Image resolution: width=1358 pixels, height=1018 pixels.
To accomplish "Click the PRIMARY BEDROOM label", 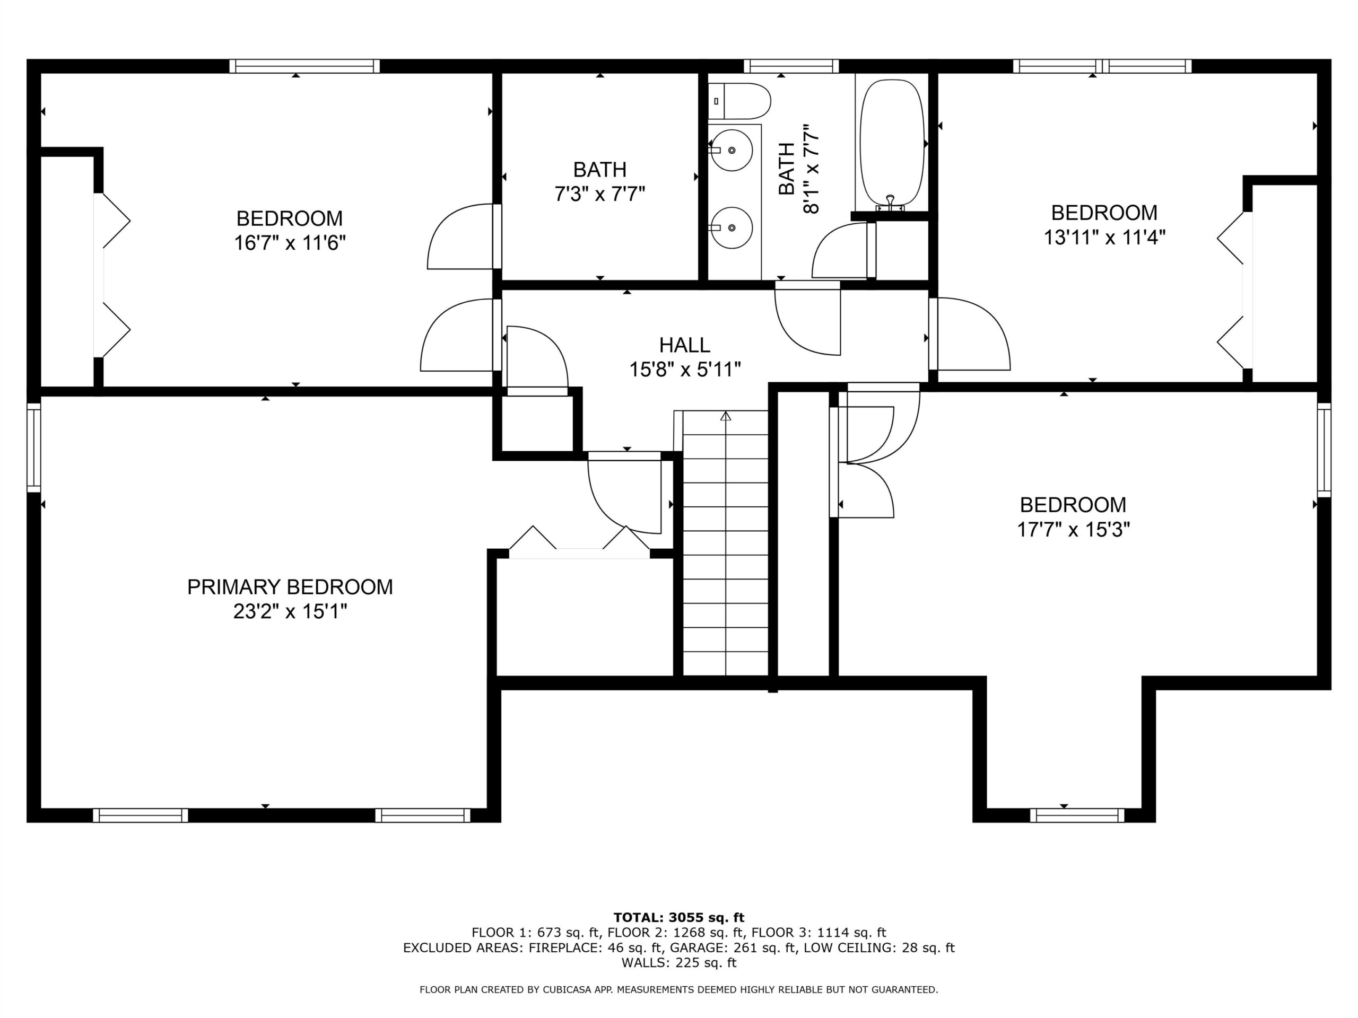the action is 290,587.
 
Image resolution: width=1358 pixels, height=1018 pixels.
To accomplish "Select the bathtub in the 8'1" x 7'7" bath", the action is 891,145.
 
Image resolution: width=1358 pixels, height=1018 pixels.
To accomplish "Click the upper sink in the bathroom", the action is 730,150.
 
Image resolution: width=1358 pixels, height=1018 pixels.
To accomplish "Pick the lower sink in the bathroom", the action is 730,227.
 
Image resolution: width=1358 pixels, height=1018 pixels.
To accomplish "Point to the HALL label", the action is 684,345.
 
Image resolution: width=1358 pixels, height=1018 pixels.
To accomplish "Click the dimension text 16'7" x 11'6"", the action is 290,243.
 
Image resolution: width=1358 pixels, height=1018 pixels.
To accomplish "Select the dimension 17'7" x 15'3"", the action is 1073,529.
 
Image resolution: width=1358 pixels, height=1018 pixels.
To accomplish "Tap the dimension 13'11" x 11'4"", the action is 1104,237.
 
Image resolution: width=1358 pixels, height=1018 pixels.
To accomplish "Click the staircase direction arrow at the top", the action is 726,416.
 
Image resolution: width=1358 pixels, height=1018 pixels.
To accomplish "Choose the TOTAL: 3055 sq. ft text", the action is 679,918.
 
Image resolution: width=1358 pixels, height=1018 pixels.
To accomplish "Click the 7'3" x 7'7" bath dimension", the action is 600,195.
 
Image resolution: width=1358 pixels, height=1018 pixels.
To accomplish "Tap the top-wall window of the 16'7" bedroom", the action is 304,66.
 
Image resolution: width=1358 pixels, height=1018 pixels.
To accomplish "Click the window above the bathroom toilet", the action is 791,66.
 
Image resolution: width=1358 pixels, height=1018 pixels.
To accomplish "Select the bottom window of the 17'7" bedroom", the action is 1077,815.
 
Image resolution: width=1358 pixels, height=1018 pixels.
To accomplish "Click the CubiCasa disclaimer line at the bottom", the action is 679,990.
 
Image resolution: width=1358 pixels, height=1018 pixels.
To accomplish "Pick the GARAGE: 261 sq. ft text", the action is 733,948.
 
